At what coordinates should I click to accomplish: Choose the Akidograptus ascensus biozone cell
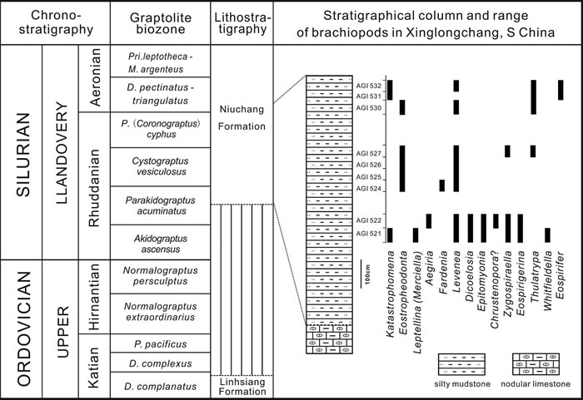[157, 241]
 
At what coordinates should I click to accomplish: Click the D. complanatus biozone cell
[157, 384]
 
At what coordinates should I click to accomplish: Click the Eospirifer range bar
[561, 90]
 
